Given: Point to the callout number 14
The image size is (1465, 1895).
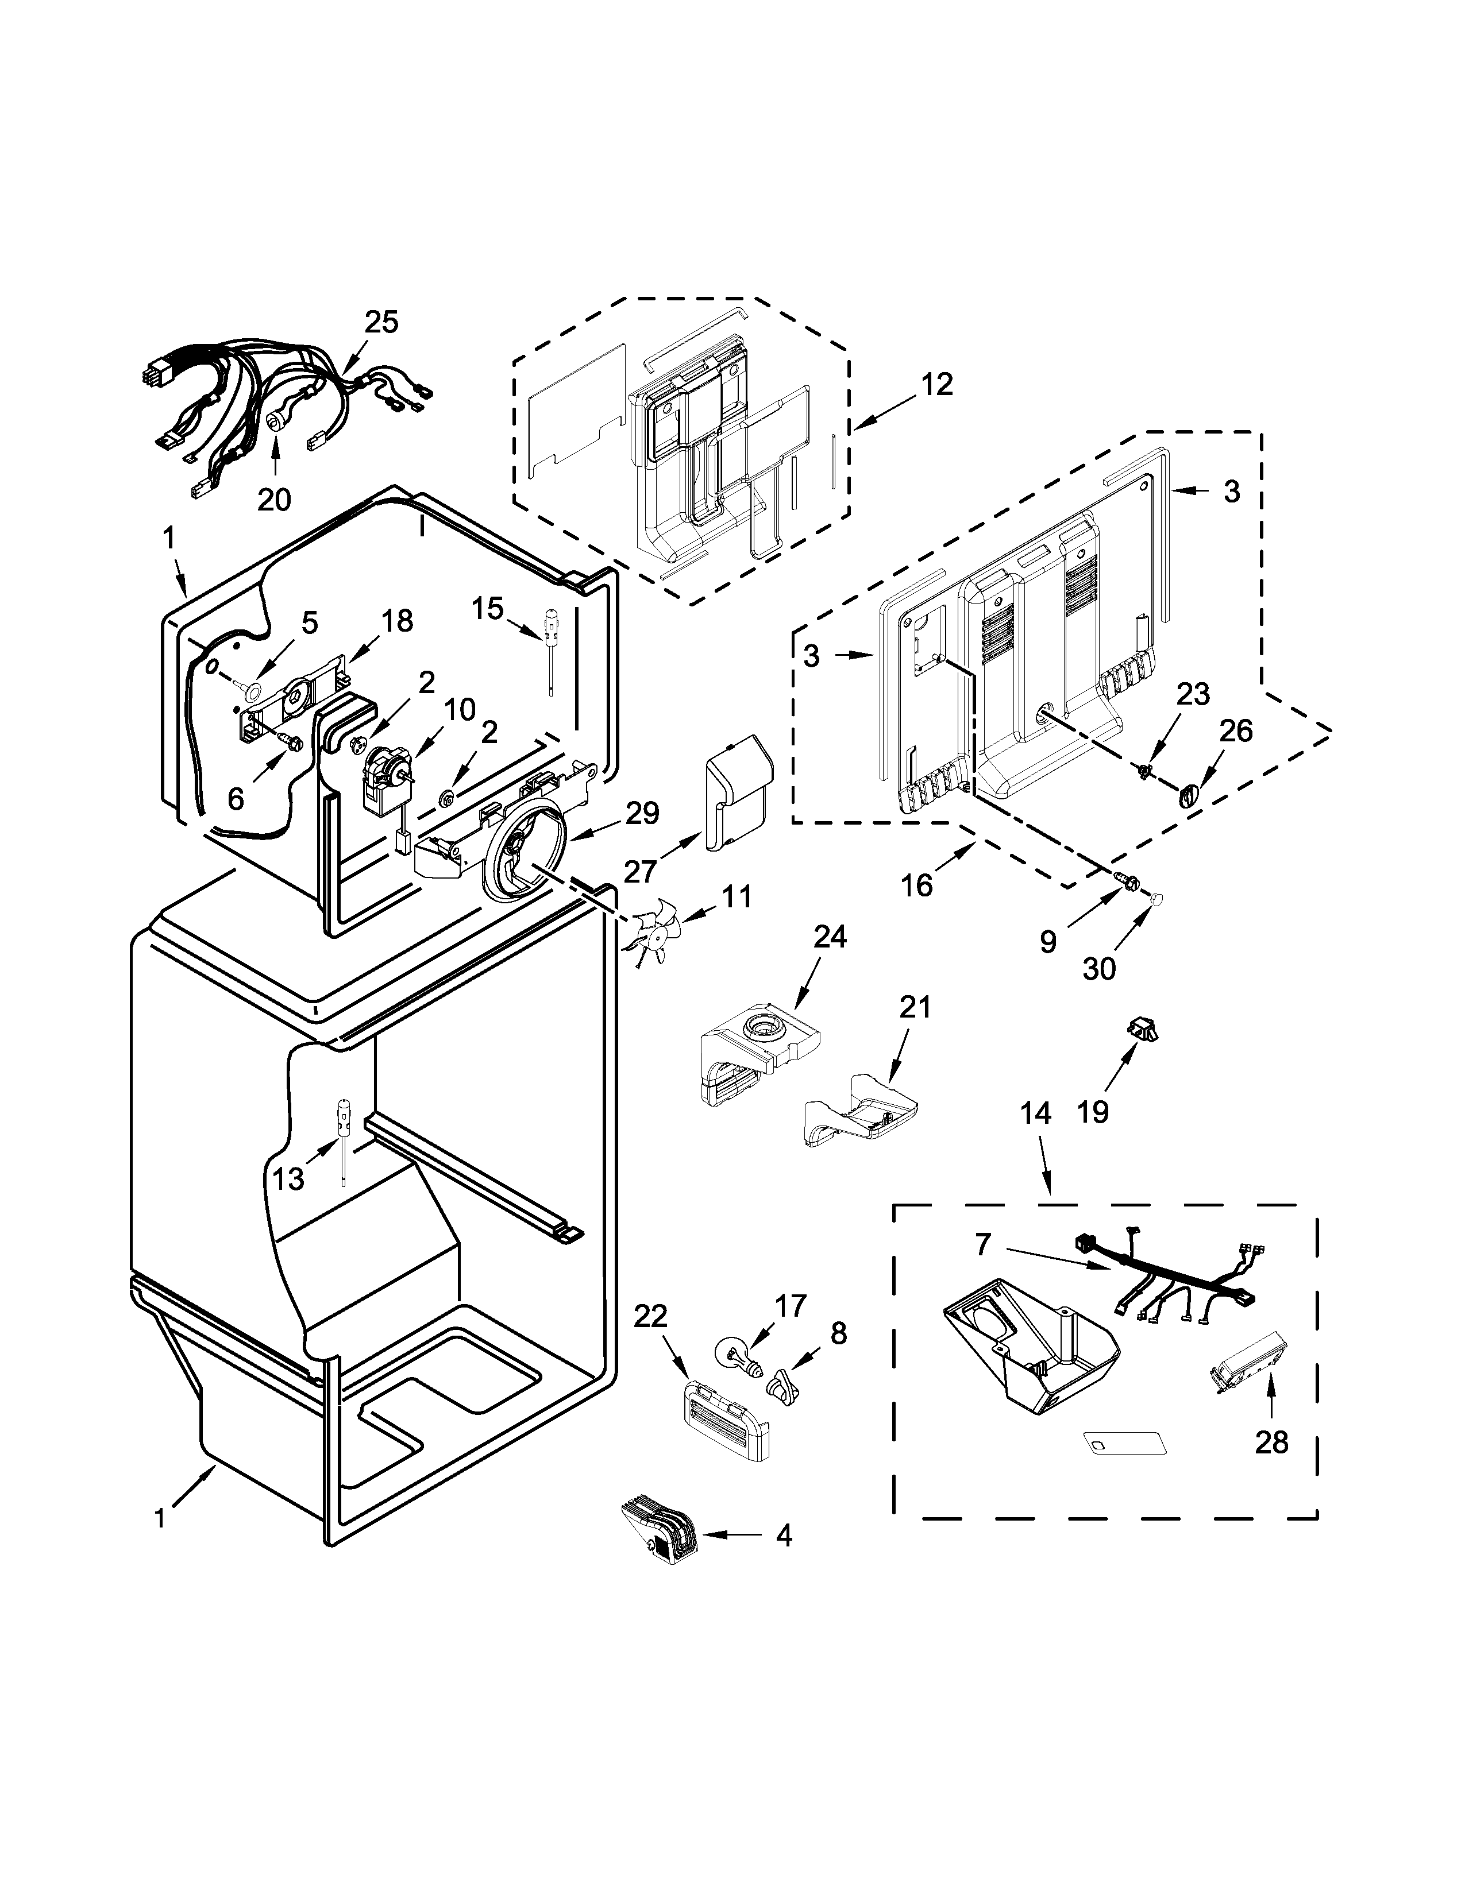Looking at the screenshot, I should pyautogui.click(x=1035, y=1113).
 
